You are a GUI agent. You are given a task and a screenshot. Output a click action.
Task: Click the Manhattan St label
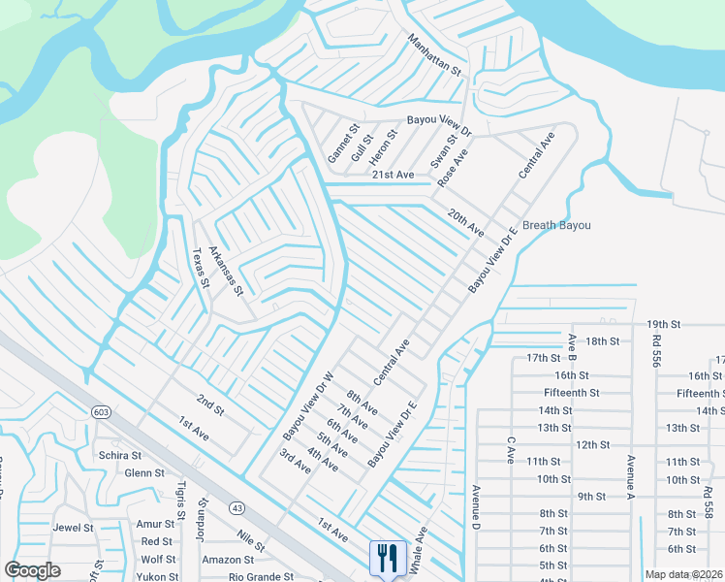(435, 56)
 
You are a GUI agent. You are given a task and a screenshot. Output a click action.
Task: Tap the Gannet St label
(342, 143)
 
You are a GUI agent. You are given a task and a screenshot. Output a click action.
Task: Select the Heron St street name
(383, 147)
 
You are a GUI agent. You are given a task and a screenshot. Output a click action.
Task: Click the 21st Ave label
(393, 174)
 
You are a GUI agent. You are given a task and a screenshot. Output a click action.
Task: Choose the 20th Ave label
(465, 223)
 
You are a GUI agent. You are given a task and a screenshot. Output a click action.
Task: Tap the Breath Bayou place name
(556, 225)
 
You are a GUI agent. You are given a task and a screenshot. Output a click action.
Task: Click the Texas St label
(201, 268)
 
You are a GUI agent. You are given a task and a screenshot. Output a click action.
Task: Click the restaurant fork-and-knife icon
(385, 556)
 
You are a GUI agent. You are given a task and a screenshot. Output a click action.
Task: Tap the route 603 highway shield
(102, 412)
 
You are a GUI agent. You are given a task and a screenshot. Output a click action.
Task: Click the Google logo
(32, 570)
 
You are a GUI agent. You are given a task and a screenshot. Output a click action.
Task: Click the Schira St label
(120, 454)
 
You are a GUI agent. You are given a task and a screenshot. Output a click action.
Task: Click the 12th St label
(590, 444)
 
